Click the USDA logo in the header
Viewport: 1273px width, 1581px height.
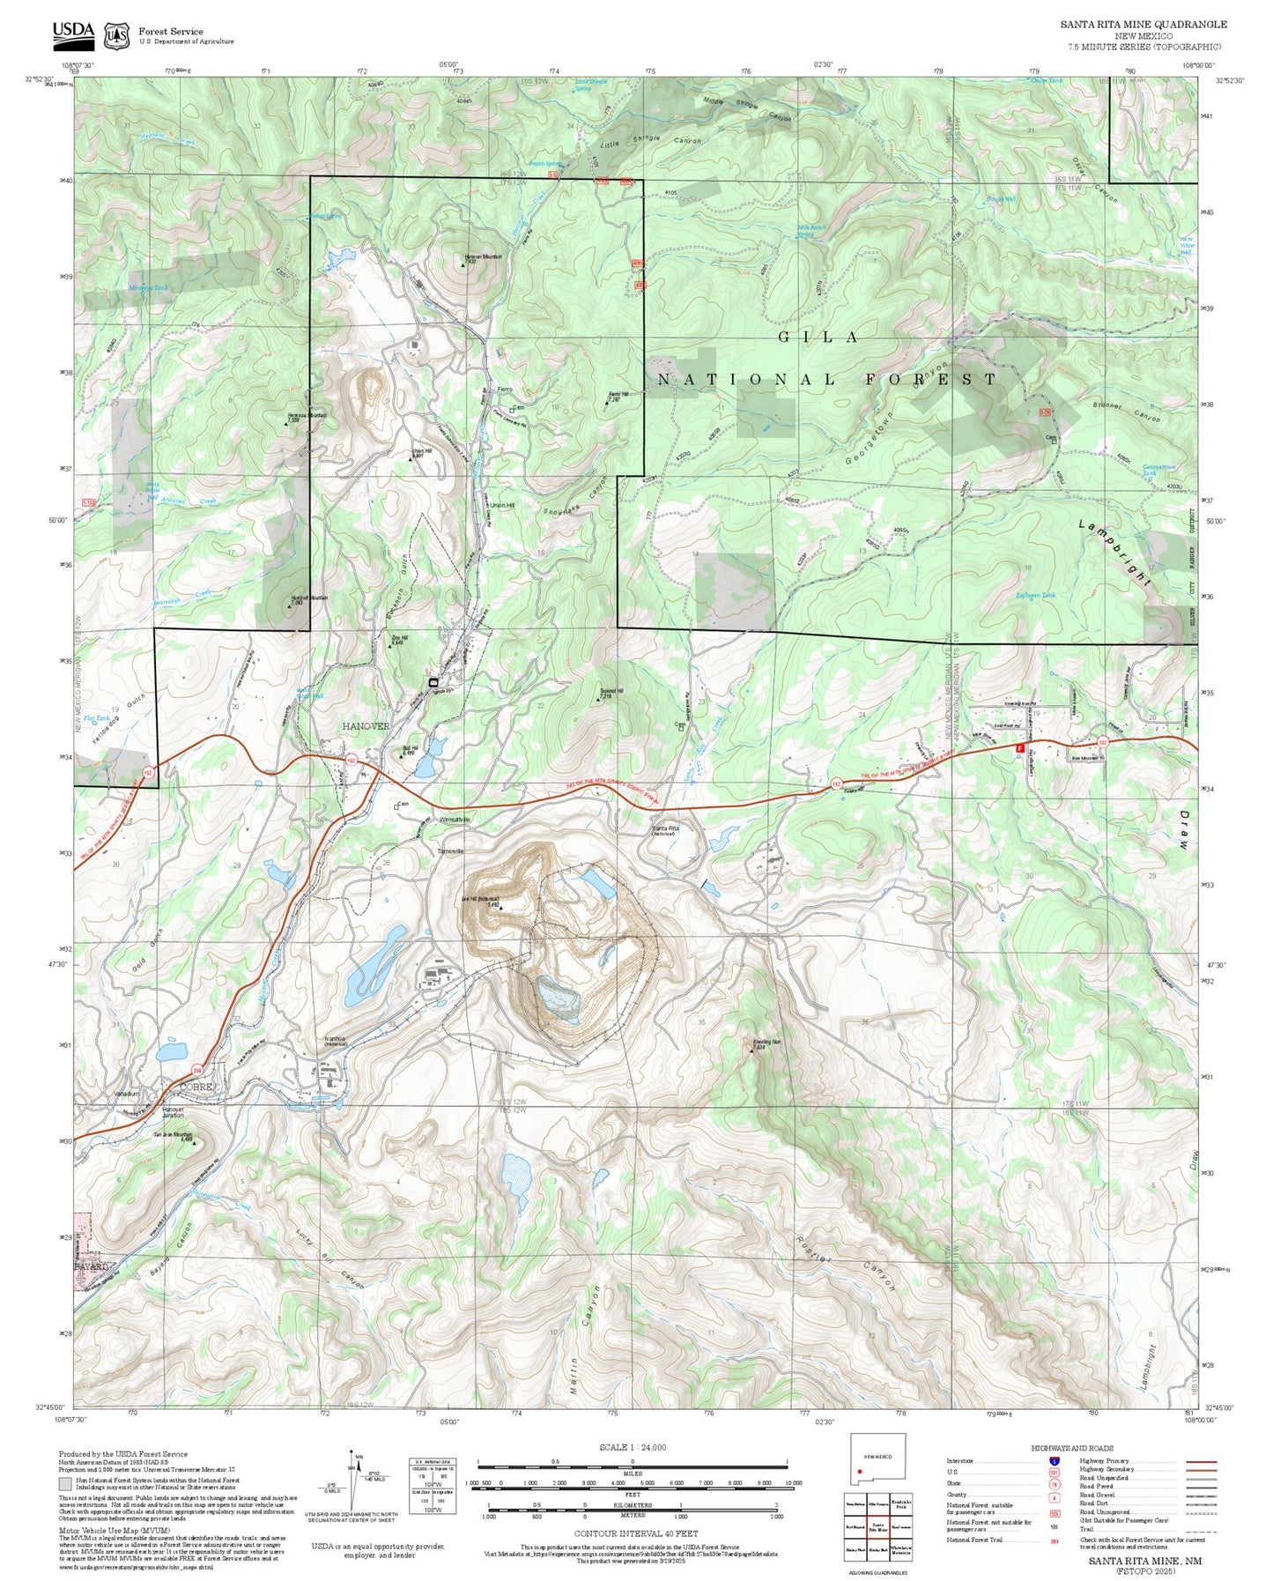pyautogui.click(x=73, y=33)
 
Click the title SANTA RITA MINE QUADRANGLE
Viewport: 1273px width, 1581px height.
pyautogui.click(x=1143, y=25)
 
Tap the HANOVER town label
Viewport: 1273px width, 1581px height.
pyautogui.click(x=366, y=726)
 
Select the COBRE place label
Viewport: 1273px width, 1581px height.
pyautogui.click(x=196, y=1087)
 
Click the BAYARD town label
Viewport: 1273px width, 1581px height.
pyautogui.click(x=91, y=1266)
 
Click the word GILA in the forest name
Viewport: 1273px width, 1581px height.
pyautogui.click(x=818, y=337)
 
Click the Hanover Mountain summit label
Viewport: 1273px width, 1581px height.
pyautogui.click(x=482, y=257)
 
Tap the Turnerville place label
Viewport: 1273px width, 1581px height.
pyautogui.click(x=450, y=851)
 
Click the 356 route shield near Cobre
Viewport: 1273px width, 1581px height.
pyautogui.click(x=197, y=1070)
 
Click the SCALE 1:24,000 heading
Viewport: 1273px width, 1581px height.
pyautogui.click(x=632, y=1447)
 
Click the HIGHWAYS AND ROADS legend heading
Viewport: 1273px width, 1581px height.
pyautogui.click(x=1072, y=1448)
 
